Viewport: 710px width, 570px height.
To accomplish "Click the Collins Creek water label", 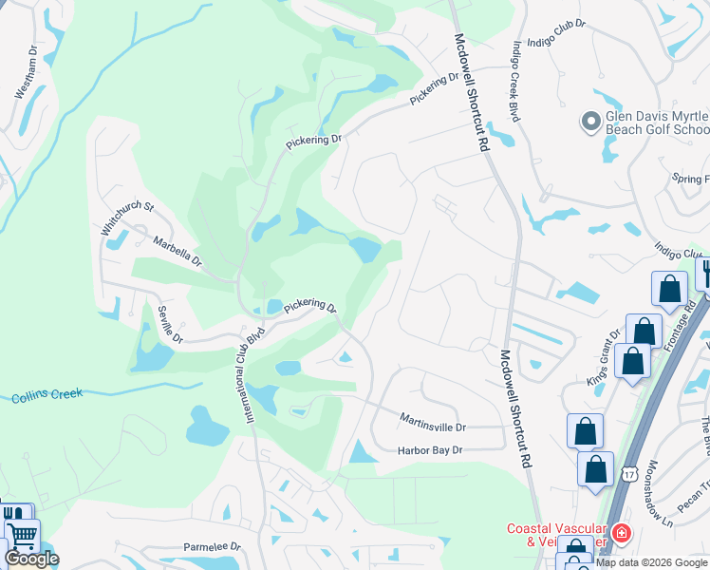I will (47, 393).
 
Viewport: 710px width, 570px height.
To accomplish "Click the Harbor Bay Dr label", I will (430, 449).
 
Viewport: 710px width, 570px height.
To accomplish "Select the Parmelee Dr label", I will (212, 548).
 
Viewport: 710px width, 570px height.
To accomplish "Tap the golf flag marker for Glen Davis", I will (589, 121).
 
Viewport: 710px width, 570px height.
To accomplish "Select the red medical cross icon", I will (621, 534).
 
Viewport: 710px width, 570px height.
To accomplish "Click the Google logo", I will (31, 559).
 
